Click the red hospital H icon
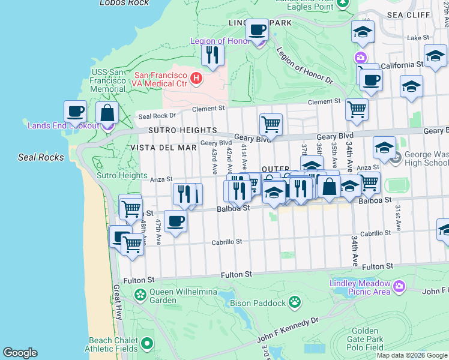point(195,78)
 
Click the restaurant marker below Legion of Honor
point(212,55)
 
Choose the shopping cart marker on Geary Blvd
point(271,124)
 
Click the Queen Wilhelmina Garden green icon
point(140,295)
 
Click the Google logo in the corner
point(20,353)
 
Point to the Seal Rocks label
point(37,157)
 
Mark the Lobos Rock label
point(124,3)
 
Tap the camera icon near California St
point(360,58)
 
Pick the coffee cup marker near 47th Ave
point(175,221)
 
